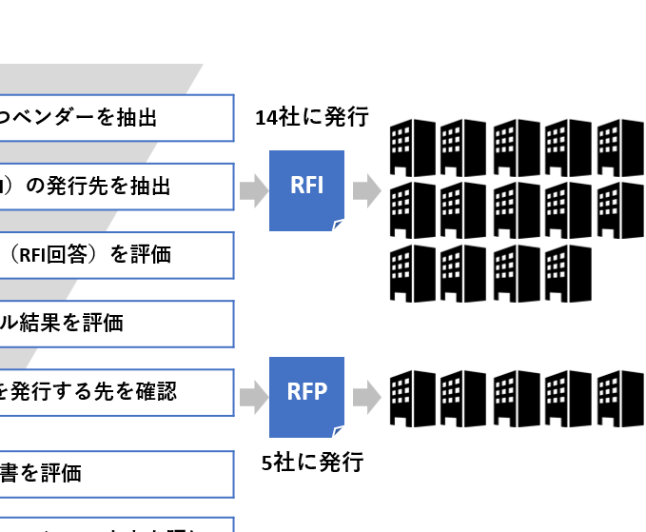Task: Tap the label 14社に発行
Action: point(311,118)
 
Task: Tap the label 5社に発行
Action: point(312,463)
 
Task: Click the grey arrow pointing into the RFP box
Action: point(252,395)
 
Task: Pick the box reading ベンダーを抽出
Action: point(114,117)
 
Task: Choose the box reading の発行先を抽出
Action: point(114,187)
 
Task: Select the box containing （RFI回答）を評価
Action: point(114,255)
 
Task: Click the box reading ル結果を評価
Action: point(114,324)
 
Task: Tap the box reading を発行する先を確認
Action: point(114,392)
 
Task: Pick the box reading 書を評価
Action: point(114,473)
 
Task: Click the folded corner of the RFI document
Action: point(339,226)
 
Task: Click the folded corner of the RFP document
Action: point(339,431)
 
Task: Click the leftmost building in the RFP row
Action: point(414,396)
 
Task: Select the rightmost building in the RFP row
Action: point(620,396)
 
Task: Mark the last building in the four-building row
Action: point(568,273)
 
